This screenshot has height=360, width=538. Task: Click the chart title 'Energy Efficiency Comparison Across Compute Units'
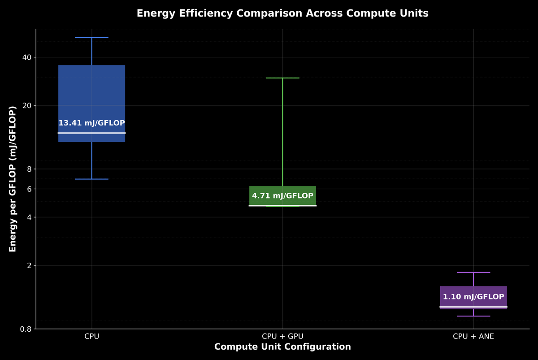[x=282, y=13]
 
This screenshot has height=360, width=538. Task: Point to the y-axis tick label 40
[x=27, y=57]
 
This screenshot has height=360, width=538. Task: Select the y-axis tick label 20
[x=27, y=105]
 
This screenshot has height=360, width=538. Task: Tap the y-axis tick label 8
[x=29, y=169]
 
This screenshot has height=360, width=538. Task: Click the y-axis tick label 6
[x=29, y=189]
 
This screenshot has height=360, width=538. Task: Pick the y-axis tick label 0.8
[x=26, y=329]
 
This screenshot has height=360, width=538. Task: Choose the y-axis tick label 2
[x=29, y=265]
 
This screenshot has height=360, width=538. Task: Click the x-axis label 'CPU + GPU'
[x=282, y=336]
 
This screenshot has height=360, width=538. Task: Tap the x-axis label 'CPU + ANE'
[x=473, y=336]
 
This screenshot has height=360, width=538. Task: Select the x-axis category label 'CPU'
[x=92, y=336]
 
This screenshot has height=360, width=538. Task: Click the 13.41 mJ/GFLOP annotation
[x=92, y=123]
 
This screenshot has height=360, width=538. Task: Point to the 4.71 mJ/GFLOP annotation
[x=282, y=196]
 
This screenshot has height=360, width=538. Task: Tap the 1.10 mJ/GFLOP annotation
[x=473, y=297]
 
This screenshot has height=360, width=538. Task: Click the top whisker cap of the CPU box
[x=92, y=38]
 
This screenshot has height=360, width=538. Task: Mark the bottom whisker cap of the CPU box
[x=92, y=179]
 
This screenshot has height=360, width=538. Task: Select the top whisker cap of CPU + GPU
[x=282, y=78]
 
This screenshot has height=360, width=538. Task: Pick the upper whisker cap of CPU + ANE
[x=473, y=272]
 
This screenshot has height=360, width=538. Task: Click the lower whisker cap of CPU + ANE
[x=473, y=316]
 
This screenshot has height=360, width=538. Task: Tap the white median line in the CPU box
[x=92, y=133]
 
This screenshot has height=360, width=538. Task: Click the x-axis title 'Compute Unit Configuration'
[x=282, y=347]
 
